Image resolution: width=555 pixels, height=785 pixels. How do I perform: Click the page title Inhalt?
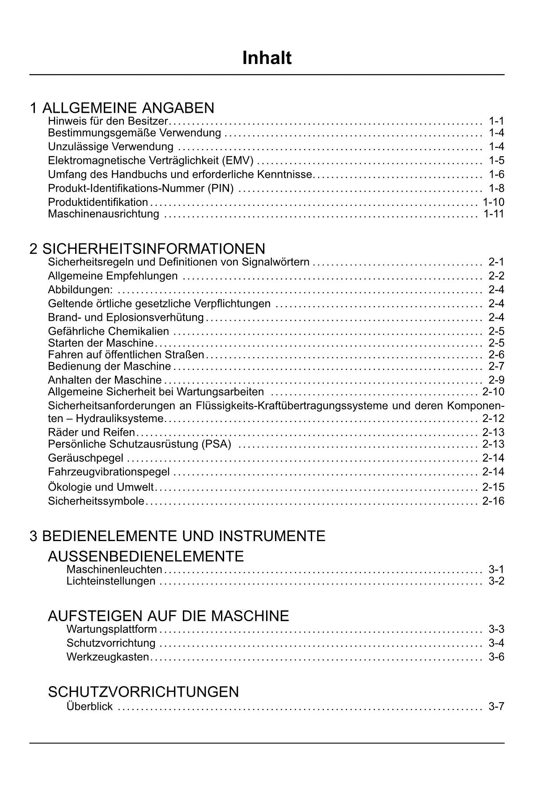tap(267, 58)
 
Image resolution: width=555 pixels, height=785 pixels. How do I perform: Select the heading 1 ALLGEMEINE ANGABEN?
tap(122, 108)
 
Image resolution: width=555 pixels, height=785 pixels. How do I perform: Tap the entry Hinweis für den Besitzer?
tap(108, 121)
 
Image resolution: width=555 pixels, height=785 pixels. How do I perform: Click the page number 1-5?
tap(496, 160)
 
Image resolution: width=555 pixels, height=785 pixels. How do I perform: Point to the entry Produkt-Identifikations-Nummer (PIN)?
tap(141, 188)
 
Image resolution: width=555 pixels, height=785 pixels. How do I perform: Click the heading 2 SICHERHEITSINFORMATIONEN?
tap(147, 248)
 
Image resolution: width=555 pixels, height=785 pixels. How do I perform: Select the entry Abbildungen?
tap(80, 290)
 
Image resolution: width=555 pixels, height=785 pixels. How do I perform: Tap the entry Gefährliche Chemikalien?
tap(109, 331)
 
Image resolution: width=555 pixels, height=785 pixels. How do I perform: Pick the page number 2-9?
tap(496, 380)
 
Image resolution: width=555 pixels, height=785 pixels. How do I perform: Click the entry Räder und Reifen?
tap(91, 432)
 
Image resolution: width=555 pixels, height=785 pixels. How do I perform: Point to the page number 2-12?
tap(493, 418)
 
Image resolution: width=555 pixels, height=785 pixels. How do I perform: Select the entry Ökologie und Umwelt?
tap(101, 487)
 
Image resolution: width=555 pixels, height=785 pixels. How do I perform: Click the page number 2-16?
tap(493, 501)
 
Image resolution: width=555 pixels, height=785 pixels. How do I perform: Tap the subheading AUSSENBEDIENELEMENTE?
tap(146, 556)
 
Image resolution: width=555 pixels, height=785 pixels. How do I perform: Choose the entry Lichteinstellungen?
tap(111, 581)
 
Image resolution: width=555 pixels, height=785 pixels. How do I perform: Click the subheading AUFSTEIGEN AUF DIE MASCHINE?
tap(168, 616)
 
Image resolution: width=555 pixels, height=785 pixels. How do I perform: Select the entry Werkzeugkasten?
tap(107, 657)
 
